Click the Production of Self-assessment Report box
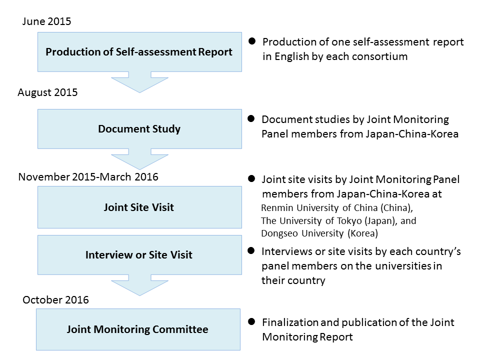pos(139,52)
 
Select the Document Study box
pos(139,129)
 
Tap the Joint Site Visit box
pos(139,206)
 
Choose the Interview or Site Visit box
pos(139,255)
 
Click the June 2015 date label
pos(46,21)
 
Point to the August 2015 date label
pos(47,92)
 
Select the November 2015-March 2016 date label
pos(88,177)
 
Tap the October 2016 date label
pos(55,300)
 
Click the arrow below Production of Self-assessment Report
pos(139,82)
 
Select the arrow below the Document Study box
pos(139,159)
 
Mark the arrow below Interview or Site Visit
pos(139,285)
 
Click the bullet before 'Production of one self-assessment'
pos(252,41)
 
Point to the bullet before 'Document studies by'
pos(252,119)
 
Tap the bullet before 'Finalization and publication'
pos(252,322)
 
